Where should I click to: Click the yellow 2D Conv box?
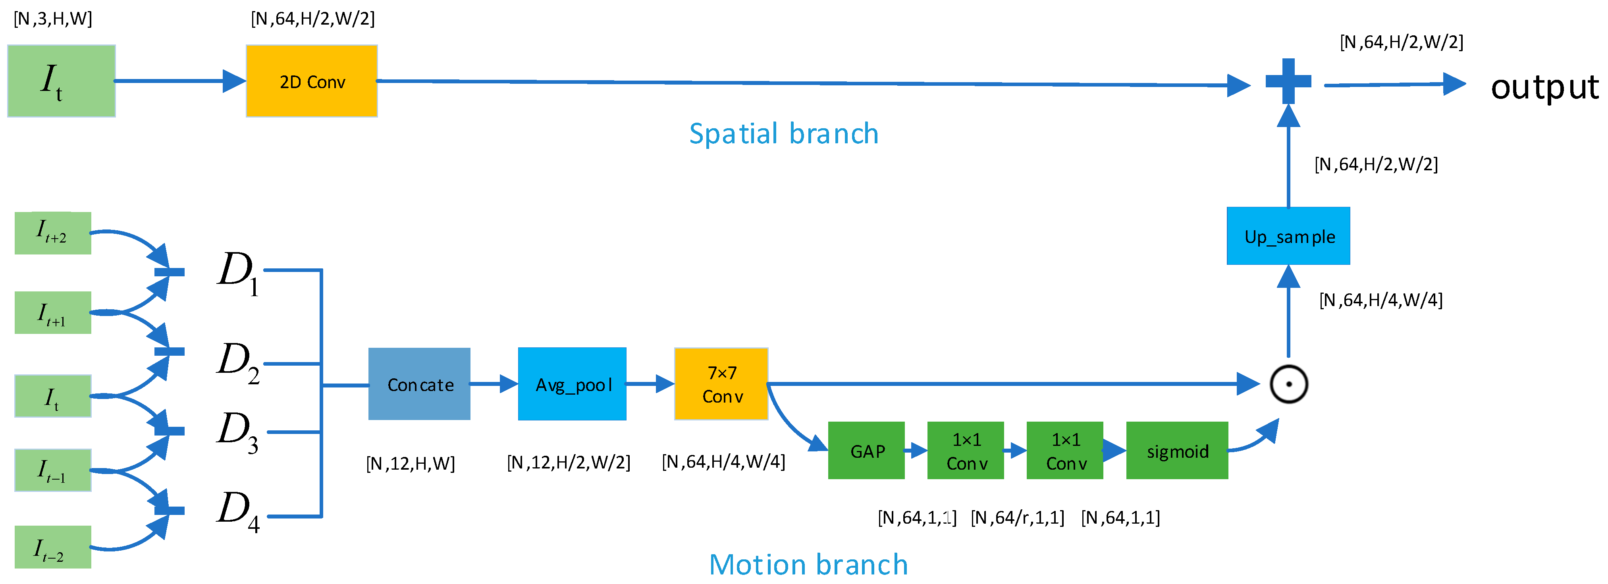(x=312, y=81)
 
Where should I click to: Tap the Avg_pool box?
(x=572, y=384)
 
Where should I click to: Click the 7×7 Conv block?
(x=721, y=384)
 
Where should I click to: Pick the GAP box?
(x=866, y=451)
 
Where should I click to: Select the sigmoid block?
(x=1177, y=451)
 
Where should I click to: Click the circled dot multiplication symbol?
(x=1288, y=384)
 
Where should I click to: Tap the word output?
(x=1544, y=87)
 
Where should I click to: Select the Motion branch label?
(x=808, y=564)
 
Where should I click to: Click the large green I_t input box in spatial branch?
(x=61, y=81)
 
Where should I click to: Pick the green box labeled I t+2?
(x=53, y=233)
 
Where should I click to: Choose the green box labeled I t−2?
(x=53, y=547)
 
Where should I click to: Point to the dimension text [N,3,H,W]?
(x=53, y=19)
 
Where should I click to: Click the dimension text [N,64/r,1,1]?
(x=1018, y=517)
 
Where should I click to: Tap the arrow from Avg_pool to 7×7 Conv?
(x=649, y=384)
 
